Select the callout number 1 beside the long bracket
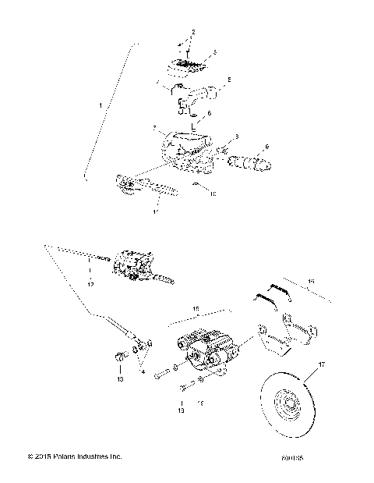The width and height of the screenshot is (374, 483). (x=98, y=104)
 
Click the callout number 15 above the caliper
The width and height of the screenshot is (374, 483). (x=196, y=310)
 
